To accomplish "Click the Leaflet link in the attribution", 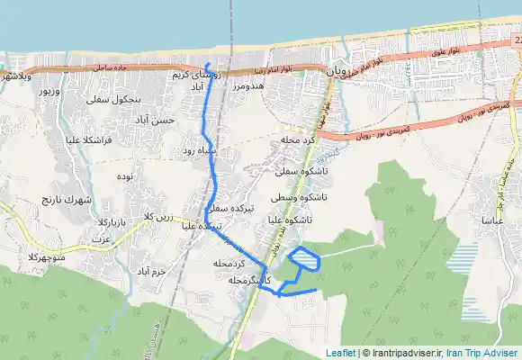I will (341, 353).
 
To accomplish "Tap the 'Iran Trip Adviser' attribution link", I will (490, 353).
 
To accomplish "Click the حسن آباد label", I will (164, 119).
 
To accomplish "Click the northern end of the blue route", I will (206, 65).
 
